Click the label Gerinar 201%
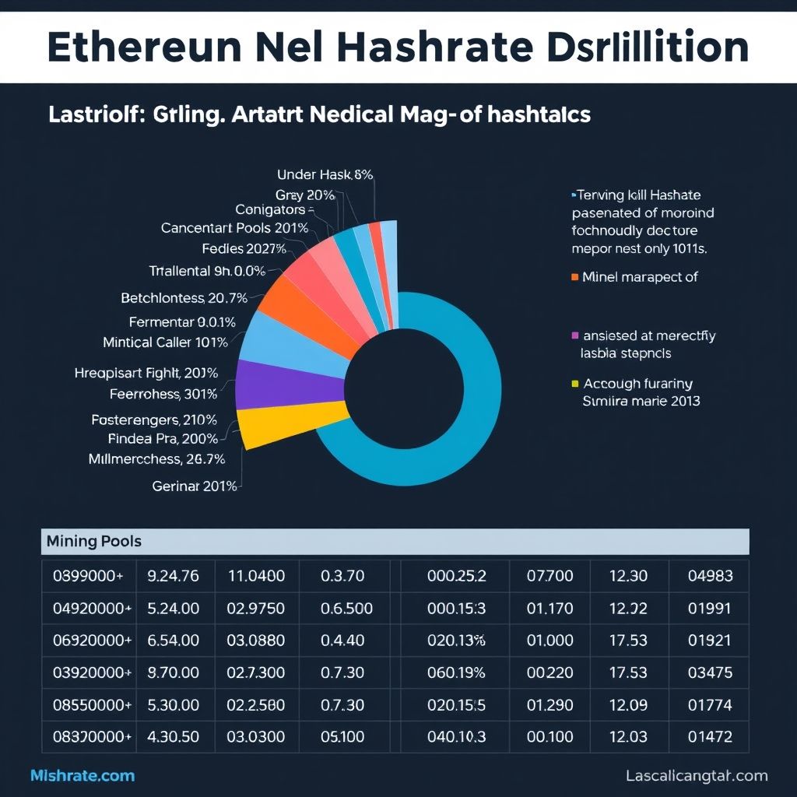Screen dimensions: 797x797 point(195,486)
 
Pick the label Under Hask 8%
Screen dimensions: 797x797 point(325,175)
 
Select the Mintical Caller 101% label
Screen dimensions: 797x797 point(165,342)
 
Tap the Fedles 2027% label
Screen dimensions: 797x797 point(244,249)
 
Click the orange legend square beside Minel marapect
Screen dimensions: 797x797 point(575,276)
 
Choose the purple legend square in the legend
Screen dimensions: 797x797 point(575,335)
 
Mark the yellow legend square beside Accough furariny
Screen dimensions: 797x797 point(575,383)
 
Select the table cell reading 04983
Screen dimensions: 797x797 point(710,577)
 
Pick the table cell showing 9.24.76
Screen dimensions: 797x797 point(173,577)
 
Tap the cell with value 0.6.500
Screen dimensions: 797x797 point(346,609)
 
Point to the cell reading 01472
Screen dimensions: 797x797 point(710,736)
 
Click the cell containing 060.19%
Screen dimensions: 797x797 point(456,672)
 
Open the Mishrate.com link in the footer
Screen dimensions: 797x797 point(83,775)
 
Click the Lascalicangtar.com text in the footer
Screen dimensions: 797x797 point(696,775)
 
